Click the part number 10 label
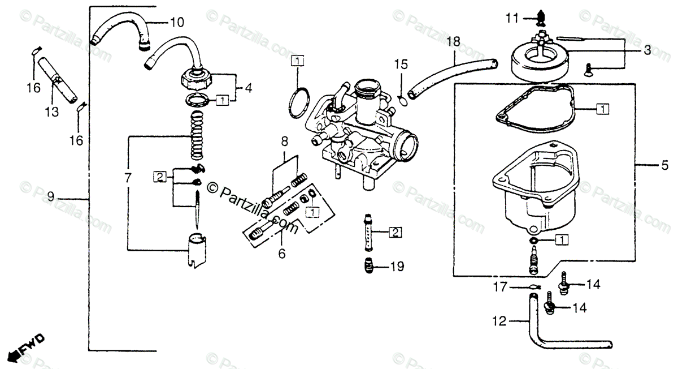[x=177, y=23]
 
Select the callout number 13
[x=52, y=112]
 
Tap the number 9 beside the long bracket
[x=51, y=197]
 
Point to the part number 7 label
[x=128, y=178]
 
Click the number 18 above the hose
[x=454, y=41]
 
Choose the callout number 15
[x=401, y=65]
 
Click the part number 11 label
[x=512, y=19]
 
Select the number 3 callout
[x=647, y=50]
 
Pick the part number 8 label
[x=284, y=140]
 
